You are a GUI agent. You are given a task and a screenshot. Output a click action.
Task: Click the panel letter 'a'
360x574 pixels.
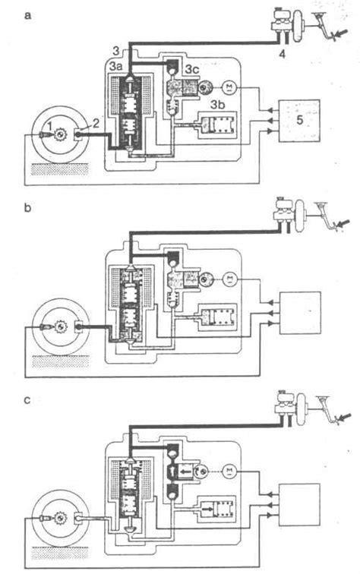[27, 16]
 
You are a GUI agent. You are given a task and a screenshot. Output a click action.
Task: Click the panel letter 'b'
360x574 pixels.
[27, 207]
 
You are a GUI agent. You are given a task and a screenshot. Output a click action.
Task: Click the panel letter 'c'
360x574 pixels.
[27, 399]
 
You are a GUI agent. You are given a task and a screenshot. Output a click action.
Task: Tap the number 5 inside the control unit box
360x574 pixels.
[299, 121]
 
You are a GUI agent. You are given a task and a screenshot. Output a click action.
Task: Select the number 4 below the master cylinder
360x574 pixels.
[281, 54]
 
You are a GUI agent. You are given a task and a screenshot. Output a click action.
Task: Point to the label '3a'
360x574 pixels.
[117, 68]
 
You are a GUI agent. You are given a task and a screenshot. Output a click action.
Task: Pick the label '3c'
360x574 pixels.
[193, 68]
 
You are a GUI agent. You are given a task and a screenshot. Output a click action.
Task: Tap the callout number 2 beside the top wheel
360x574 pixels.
[95, 123]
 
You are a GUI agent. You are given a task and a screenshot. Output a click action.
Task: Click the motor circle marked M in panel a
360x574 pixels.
[229, 87]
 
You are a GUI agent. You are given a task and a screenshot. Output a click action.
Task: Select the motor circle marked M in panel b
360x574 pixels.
[230, 279]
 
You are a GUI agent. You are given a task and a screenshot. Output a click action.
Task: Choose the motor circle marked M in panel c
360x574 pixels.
[229, 471]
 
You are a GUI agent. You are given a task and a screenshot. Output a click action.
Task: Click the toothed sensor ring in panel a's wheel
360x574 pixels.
[58, 135]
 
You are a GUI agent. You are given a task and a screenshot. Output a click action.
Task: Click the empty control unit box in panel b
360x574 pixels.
[300, 313]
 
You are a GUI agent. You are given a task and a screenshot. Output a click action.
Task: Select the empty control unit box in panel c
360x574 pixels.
[299, 504]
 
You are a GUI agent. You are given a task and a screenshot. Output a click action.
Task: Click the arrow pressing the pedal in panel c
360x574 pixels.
[343, 417]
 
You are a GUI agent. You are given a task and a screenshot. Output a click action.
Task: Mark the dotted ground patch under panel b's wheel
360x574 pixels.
[60, 361]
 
